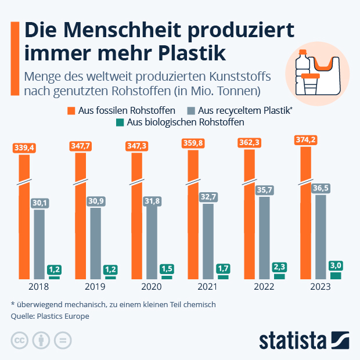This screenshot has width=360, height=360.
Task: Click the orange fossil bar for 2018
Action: (24, 221)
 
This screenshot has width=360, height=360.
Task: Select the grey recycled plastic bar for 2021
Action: (208, 244)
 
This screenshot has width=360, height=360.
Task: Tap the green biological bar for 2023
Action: (335, 275)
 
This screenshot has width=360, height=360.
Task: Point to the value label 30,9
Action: (96, 200)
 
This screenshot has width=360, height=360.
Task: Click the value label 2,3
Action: (279, 267)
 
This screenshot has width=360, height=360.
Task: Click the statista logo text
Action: (293, 339)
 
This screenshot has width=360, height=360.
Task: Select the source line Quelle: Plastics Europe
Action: (50, 316)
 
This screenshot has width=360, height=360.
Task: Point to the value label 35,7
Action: (264, 189)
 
